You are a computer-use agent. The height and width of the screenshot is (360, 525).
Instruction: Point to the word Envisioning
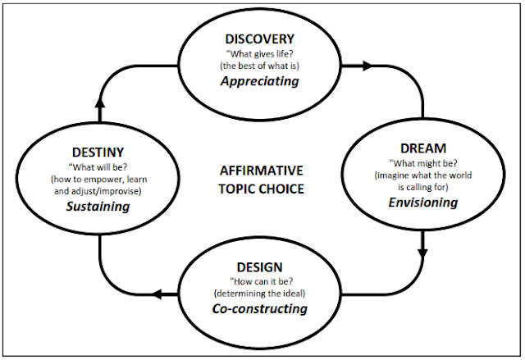pos(422,202)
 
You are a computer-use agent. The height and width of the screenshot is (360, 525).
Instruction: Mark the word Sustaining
pos(98,206)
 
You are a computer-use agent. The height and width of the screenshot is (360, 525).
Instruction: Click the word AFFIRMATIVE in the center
pos(261,171)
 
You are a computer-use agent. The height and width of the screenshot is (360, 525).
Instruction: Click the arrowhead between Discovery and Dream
pos(367,64)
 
